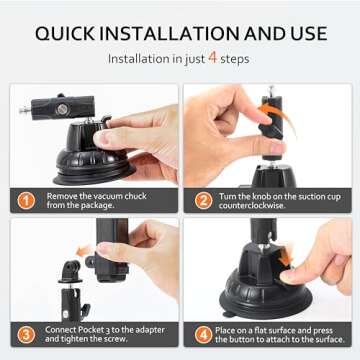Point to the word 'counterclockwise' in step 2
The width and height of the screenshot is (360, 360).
click(x=263, y=207)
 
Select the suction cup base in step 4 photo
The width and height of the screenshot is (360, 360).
click(x=255, y=285)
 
